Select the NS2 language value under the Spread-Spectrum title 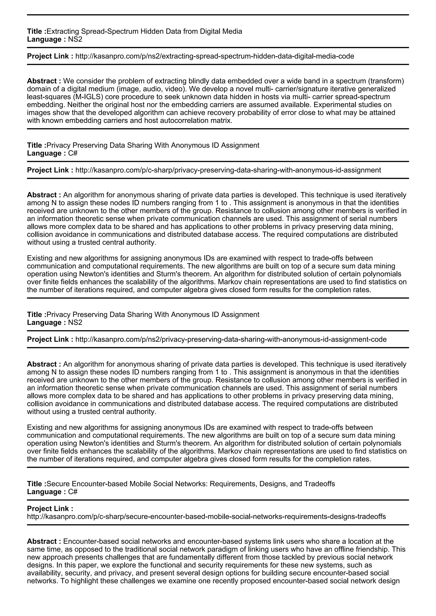pos(75,39)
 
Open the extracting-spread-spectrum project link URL pos(215,56)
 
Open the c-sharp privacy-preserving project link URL pos(228,170)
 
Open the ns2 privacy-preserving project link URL pos(231,339)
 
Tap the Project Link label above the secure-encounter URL pos(50,509)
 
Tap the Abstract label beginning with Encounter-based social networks pos(44,541)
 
